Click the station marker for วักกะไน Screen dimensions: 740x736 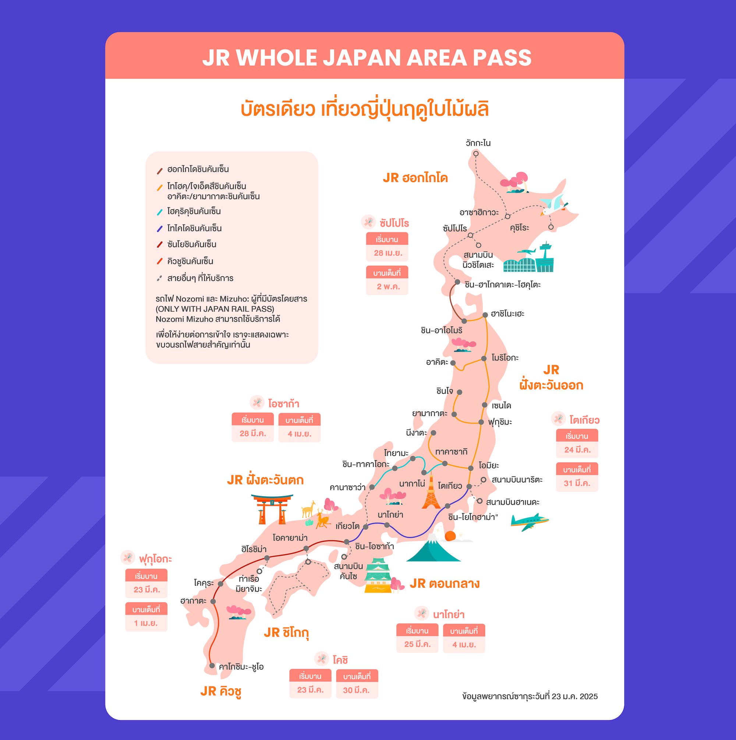(x=476, y=154)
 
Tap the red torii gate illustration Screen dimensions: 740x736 (x=272, y=508)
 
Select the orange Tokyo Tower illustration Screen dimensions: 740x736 (x=431, y=493)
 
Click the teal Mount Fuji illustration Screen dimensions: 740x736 (x=433, y=549)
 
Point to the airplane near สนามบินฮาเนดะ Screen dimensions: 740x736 (x=530, y=521)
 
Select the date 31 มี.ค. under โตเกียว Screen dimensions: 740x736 (x=577, y=483)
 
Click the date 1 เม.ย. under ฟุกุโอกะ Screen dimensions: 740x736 (x=146, y=623)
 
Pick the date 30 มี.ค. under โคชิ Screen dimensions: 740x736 (x=357, y=690)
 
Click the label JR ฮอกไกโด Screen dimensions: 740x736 (x=415, y=178)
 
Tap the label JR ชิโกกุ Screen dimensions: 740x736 (x=286, y=633)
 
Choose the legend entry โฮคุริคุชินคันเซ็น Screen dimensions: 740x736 (x=194, y=211)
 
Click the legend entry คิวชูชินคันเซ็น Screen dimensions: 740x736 (x=190, y=261)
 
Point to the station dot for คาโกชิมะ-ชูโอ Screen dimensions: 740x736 (x=212, y=666)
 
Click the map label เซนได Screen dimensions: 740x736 (x=501, y=405)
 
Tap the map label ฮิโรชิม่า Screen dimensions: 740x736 (x=254, y=549)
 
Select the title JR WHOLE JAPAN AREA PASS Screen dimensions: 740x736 (x=367, y=57)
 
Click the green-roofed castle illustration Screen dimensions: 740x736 (x=378, y=576)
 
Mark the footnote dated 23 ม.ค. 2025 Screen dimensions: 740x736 (x=530, y=696)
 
